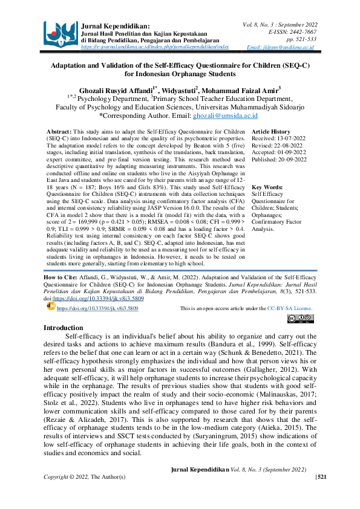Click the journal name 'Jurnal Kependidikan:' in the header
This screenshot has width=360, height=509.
click(x=116, y=27)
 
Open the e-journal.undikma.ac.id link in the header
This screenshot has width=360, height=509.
click(x=155, y=46)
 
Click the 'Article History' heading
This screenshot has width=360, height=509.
click(x=271, y=131)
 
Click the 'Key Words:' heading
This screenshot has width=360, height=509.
click(x=267, y=187)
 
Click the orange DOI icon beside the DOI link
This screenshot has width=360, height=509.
click(x=50, y=306)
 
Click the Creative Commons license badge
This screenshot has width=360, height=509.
click(x=299, y=319)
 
